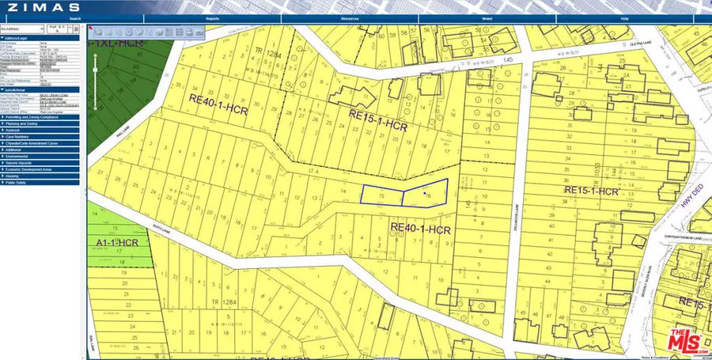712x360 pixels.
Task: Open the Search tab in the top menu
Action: (74, 17)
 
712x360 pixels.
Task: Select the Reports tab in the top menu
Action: (212, 17)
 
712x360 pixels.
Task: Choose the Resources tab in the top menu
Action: (350, 17)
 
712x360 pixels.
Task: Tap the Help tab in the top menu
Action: (624, 17)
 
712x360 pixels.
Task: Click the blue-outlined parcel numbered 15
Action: (381, 195)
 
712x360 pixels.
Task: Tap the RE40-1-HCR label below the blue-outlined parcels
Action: (421, 228)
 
